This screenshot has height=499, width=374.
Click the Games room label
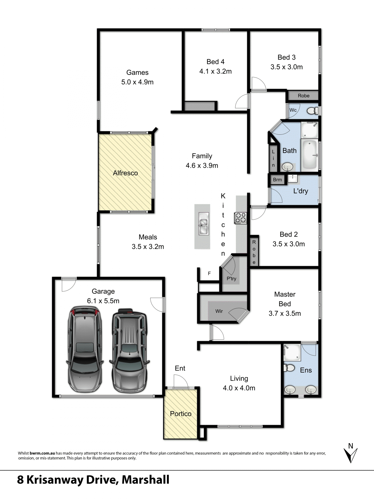click(x=137, y=73)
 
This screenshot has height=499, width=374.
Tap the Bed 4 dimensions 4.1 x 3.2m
click(x=215, y=71)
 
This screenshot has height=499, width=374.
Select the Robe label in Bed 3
click(x=304, y=96)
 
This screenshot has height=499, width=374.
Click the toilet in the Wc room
click(x=312, y=110)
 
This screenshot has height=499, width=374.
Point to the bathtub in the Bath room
click(x=310, y=155)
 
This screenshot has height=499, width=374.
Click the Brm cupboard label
click(x=277, y=180)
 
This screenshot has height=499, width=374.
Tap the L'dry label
click(x=300, y=191)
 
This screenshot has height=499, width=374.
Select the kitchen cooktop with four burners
click(x=241, y=218)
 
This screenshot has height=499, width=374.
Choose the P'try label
click(x=231, y=279)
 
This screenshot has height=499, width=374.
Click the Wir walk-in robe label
click(x=219, y=311)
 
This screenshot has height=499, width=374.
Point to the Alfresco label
click(x=125, y=173)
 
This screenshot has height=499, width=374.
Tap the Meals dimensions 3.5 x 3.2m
click(x=148, y=247)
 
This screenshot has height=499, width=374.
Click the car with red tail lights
click(x=85, y=349)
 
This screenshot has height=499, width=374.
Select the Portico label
click(x=181, y=414)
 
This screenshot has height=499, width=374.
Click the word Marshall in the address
click(x=145, y=480)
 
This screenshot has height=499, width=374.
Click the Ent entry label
click(x=180, y=368)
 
